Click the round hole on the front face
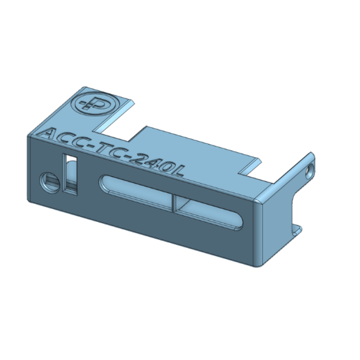click(50, 182)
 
